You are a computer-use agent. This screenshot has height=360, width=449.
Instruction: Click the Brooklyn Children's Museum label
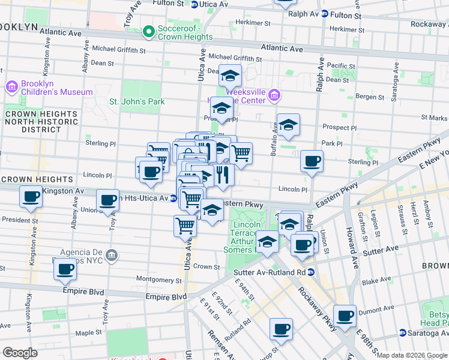tap(56, 88)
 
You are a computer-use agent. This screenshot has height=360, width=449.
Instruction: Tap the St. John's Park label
tap(137, 101)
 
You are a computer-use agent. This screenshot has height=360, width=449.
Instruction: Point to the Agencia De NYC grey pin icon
tap(111, 256)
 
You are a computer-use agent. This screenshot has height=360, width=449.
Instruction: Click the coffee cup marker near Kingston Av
tap(31, 197)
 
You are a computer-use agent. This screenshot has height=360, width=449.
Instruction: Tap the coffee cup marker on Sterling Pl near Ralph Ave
tap(312, 161)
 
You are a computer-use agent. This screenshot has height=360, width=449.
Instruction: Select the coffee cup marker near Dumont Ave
tap(345, 316)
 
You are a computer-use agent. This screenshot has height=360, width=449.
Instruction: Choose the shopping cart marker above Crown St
tap(185, 226)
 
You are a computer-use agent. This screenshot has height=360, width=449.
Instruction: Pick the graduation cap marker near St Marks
tap(288, 125)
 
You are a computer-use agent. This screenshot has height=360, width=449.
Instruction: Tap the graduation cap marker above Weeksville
tap(230, 76)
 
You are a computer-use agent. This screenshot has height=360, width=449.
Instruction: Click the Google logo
tap(20, 352)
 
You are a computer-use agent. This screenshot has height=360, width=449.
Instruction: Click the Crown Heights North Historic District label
tap(41, 121)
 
